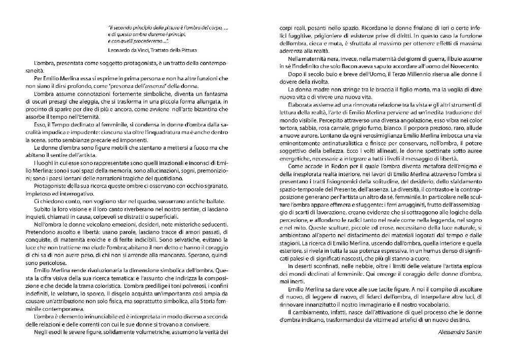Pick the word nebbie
tap(355, 266)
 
